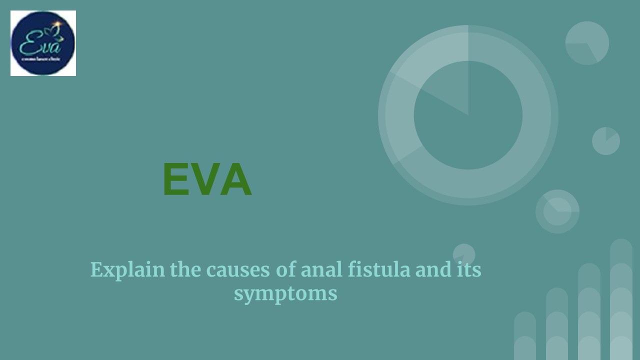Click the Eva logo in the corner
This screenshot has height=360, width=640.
(43, 43)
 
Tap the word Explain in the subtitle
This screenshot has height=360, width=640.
(127, 270)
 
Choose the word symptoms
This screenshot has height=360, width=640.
(285, 293)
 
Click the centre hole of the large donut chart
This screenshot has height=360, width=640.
(468, 115)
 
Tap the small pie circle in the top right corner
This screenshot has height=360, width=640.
(587, 43)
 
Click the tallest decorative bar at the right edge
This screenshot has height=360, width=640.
(621, 300)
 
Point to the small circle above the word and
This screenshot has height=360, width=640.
(464, 253)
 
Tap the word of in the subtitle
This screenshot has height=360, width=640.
(285, 270)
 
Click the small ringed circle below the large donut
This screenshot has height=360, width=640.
(557, 211)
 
